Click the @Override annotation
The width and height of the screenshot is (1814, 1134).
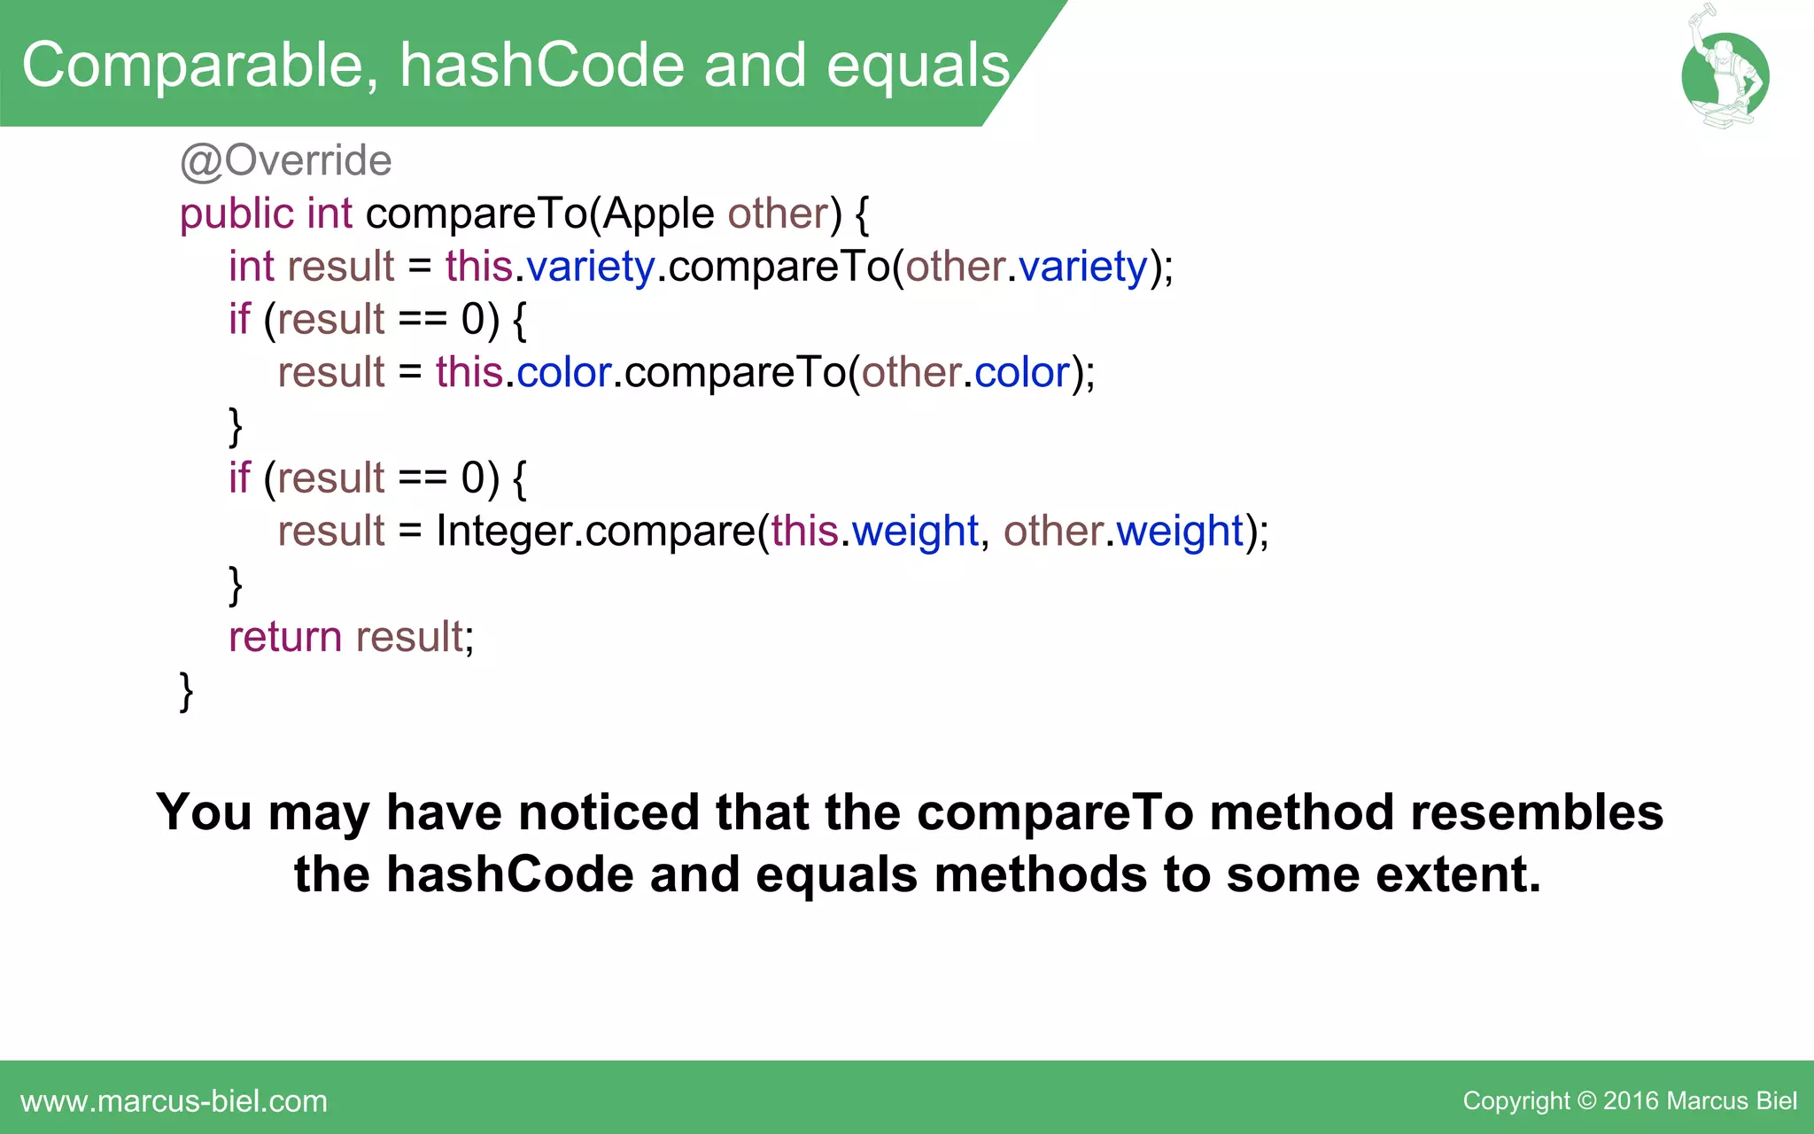pyautogui.click(x=285, y=161)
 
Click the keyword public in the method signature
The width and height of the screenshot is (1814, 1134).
pyautogui.click(x=236, y=214)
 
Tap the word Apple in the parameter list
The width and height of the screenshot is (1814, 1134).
pyautogui.click(x=659, y=214)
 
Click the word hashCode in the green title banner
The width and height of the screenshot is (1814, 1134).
pyautogui.click(x=541, y=66)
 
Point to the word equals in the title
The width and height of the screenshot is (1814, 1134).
pyautogui.click(x=918, y=66)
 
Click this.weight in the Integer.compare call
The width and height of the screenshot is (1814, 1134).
pyautogui.click(x=873, y=532)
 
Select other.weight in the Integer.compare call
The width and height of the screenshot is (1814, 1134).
pyautogui.click(x=1123, y=532)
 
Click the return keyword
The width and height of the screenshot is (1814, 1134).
pyautogui.click(x=284, y=637)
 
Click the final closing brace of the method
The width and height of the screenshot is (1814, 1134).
pyautogui.click(x=186, y=691)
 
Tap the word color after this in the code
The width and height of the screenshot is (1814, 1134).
pyautogui.click(x=564, y=373)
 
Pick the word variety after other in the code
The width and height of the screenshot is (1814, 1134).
pyautogui.click(x=1082, y=267)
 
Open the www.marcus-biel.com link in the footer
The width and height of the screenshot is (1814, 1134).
pyautogui.click(x=174, y=1101)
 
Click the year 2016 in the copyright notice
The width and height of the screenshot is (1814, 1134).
pyautogui.click(x=1631, y=1101)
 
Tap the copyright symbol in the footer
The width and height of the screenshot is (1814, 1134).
pyautogui.click(x=1586, y=1101)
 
